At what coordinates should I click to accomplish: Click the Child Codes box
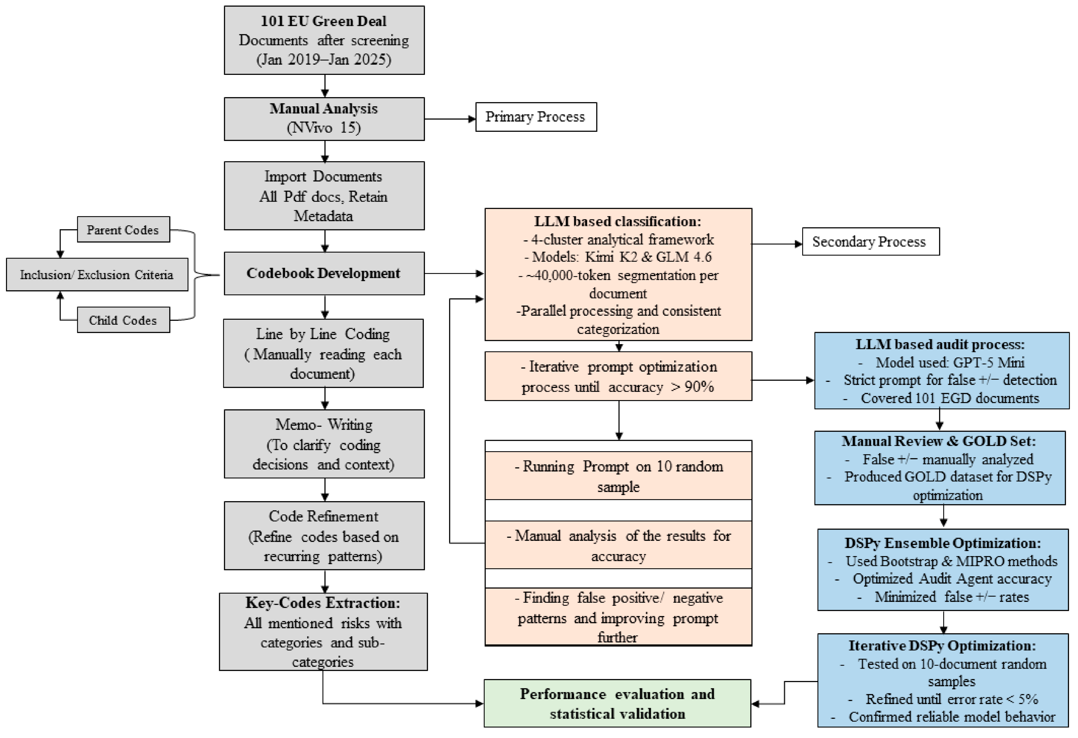coord(123,320)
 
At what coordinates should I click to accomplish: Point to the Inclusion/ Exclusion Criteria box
coord(97,275)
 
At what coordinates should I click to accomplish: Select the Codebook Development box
coord(324,273)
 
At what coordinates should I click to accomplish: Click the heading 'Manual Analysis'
coord(324,109)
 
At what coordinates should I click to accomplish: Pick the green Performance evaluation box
coord(617,703)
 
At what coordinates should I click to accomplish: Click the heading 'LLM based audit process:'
coord(940,344)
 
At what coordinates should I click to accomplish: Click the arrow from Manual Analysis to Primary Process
coord(450,119)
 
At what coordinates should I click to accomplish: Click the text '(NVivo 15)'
coord(324,128)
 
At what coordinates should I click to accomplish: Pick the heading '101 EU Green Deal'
coord(324,21)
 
